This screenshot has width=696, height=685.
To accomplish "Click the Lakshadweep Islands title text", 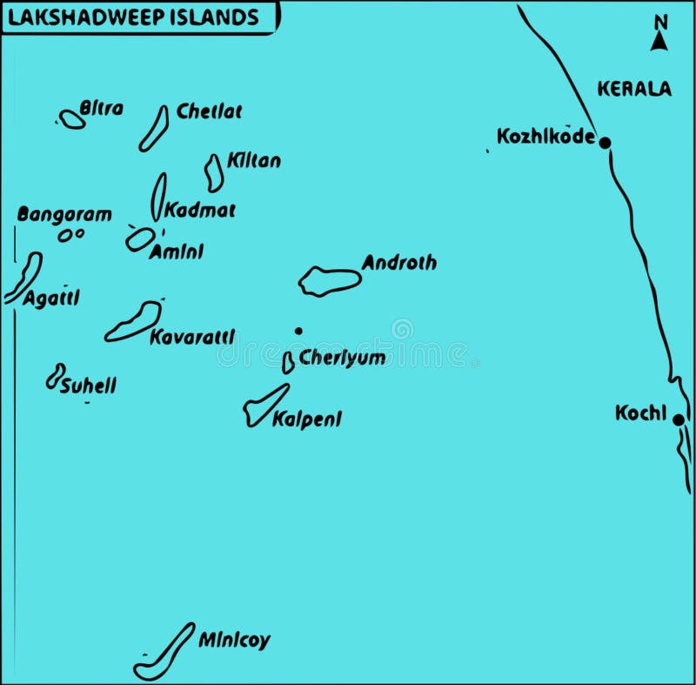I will tap(133, 17).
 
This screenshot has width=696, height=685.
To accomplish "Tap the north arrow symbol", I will tap(660, 39).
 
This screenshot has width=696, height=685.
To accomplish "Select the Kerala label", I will tap(634, 88).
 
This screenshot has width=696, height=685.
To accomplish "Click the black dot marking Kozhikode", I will tap(605, 142).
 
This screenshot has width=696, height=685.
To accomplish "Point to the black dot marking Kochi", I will tap(678, 420).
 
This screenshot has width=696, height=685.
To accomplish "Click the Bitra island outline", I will tap(72, 119).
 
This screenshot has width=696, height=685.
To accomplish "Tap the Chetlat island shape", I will tap(154, 128).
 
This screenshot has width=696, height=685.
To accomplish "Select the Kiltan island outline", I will tap(214, 172).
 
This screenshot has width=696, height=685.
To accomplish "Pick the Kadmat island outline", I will tap(158, 196).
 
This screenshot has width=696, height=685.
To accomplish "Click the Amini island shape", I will tap(140, 239).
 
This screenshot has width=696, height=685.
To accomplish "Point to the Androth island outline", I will tap(329, 281).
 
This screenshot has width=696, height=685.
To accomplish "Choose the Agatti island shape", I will tap(23, 277).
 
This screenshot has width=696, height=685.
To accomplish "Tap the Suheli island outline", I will tap(56, 376).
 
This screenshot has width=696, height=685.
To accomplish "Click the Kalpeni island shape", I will tap(264, 406).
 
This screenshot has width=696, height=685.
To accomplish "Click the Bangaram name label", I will tap(64, 214).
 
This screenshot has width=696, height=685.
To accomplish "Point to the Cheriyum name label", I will tap(342, 358).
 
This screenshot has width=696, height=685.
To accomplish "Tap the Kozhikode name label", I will tap(545, 137).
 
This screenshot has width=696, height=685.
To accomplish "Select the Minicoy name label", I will tap(234, 641).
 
